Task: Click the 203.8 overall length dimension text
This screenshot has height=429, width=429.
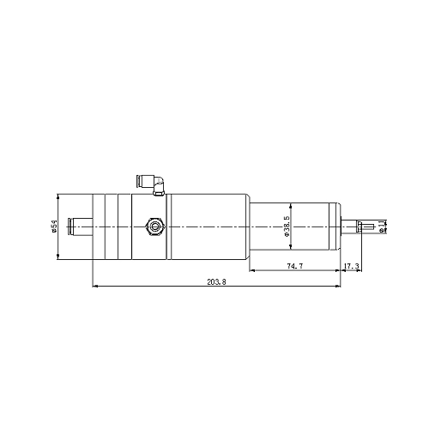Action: (x=216, y=281)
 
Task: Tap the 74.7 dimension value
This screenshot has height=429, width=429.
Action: (x=295, y=266)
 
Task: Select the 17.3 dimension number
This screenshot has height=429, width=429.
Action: (x=351, y=266)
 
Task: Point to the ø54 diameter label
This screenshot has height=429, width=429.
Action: (x=54, y=227)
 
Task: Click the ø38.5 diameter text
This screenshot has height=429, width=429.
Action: (x=287, y=227)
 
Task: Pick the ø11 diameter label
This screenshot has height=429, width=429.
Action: (x=381, y=227)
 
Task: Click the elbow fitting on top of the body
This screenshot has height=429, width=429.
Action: (x=150, y=185)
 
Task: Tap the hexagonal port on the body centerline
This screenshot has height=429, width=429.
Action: (x=155, y=227)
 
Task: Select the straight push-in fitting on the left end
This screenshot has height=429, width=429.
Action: (x=80, y=227)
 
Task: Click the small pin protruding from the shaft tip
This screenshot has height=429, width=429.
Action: (x=367, y=227)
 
